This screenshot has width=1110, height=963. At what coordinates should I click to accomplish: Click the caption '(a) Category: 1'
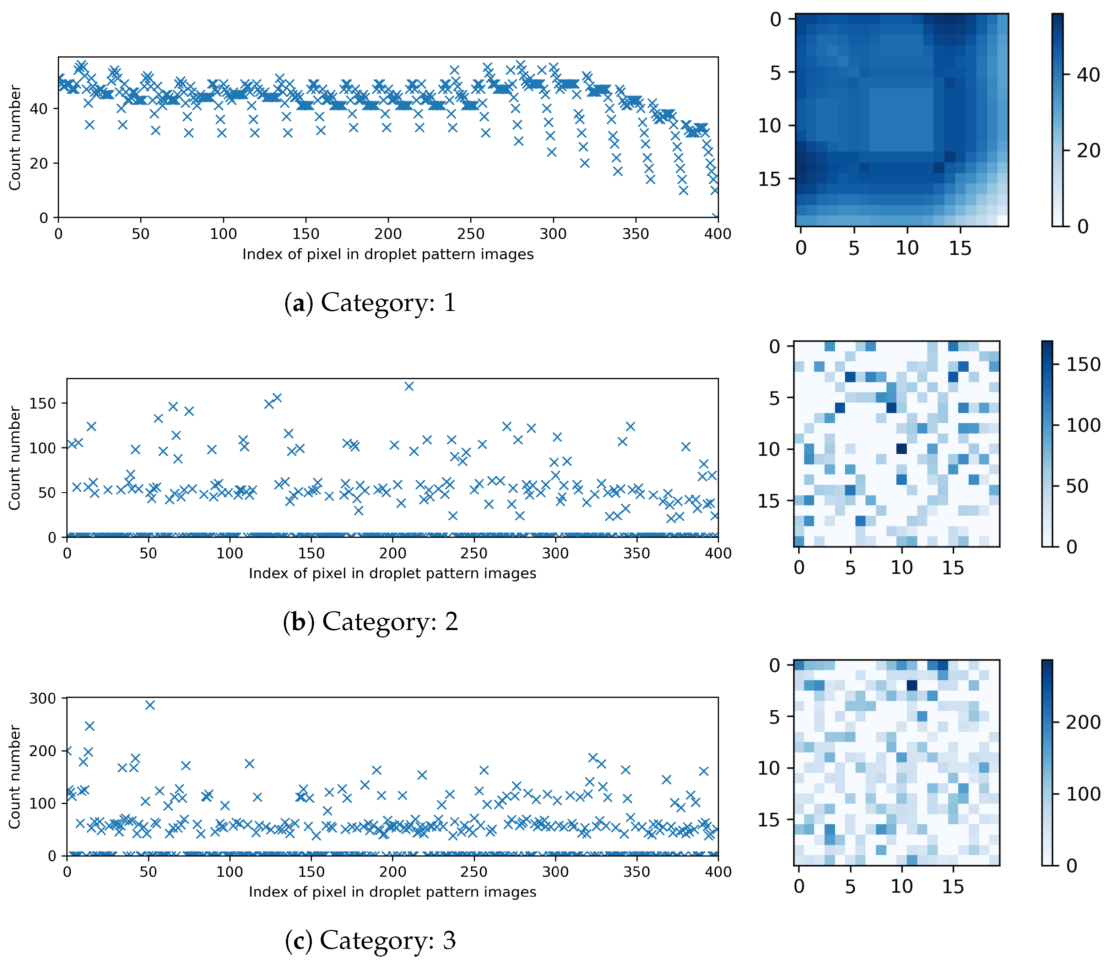coord(370,302)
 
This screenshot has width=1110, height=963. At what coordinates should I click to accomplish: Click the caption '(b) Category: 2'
coord(370,622)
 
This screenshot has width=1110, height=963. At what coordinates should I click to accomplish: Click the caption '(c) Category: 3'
coord(370,940)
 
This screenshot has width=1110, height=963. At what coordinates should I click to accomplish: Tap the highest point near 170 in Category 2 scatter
coord(409,386)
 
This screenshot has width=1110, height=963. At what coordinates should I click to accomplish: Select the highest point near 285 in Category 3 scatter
coord(150,705)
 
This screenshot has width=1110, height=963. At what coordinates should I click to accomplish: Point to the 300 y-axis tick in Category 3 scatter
coord(43,698)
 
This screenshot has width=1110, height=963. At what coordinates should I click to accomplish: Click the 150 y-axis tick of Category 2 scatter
coord(43,403)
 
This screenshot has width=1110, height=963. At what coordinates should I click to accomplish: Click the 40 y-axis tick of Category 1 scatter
coord(39,109)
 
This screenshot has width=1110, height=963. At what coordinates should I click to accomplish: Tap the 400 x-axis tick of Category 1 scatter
coord(718,234)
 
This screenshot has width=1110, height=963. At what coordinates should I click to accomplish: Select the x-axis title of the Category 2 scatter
coord(392,573)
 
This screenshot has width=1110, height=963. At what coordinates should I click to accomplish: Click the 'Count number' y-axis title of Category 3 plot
coord(15,777)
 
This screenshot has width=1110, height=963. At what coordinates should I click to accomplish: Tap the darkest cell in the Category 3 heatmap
coord(911,685)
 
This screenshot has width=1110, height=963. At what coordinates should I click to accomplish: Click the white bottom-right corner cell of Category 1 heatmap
coord(1002,220)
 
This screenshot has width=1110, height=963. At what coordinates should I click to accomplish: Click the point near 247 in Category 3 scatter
coord(89,726)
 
